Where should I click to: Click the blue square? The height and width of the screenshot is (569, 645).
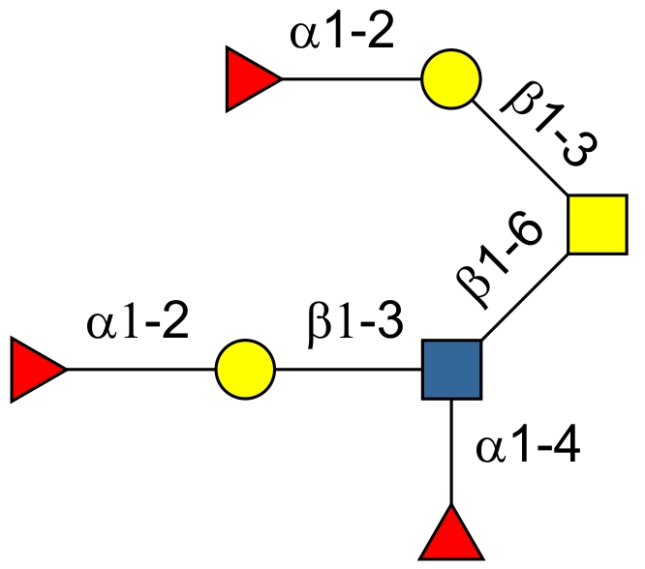click(452, 370)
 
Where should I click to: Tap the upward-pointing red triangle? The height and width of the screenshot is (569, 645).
click(451, 533)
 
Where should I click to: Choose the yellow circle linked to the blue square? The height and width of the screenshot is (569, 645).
click(246, 370)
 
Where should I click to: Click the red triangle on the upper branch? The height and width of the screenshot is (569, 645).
click(252, 79)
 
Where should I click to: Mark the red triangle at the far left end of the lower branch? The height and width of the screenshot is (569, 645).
click(36, 370)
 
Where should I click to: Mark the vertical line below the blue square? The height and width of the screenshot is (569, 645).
click(452, 453)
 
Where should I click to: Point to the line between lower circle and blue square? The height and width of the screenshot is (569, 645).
click(349, 370)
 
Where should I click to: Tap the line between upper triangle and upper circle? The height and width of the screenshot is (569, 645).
click(351, 79)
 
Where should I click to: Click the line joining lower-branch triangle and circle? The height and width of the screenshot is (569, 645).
click(140, 370)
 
